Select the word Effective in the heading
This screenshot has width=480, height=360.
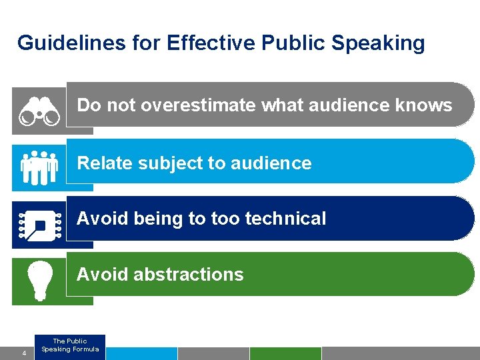(211, 43)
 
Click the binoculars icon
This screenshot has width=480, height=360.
(39, 111)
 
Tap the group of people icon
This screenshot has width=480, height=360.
(39, 167)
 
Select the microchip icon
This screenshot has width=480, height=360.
(39, 225)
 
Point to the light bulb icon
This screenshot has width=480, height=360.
(39, 279)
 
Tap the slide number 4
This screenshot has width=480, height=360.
(24, 353)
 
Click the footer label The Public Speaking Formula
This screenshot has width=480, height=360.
(70, 345)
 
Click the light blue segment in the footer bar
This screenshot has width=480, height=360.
(141, 353)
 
